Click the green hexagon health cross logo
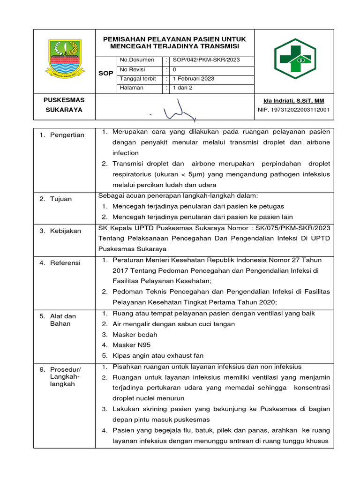point(295,59)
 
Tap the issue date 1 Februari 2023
point(194,78)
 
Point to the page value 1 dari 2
point(183,88)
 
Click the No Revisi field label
point(133,69)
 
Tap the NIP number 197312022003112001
point(294,110)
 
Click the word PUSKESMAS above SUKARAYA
point(64,100)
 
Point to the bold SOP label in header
point(105,74)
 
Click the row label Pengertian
point(67,135)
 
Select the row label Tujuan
point(61,199)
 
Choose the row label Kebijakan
point(66,231)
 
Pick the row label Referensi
point(66,263)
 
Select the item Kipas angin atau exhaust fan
point(158,356)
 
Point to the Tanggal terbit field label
point(138,78)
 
